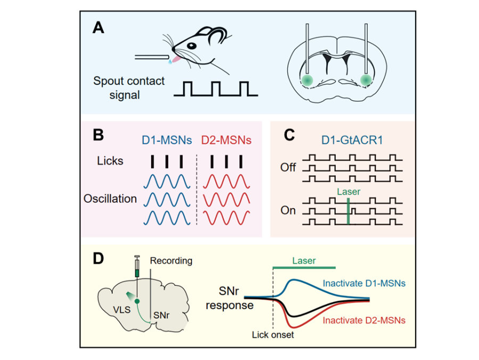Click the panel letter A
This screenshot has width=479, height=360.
(x=98, y=28)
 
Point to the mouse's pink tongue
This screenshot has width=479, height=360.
(x=175, y=57)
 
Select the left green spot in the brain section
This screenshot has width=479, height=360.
(x=307, y=80)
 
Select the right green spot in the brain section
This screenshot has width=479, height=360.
(x=366, y=80)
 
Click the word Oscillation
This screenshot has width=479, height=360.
(x=110, y=199)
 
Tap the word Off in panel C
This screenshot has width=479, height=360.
(x=288, y=168)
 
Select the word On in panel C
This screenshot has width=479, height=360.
(x=288, y=210)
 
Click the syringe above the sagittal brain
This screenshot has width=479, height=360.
(x=137, y=266)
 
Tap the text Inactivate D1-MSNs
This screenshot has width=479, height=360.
(x=365, y=283)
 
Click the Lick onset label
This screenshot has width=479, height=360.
(x=272, y=335)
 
